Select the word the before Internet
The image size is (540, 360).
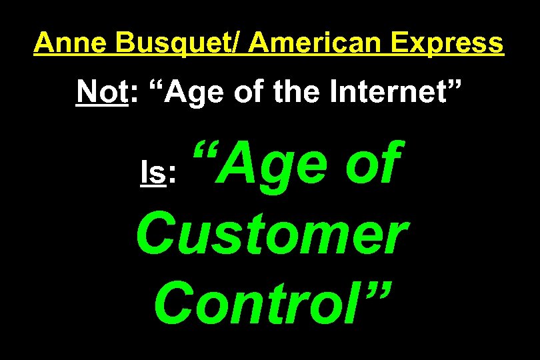[x=288, y=93]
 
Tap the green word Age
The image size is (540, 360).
[x=280, y=167]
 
